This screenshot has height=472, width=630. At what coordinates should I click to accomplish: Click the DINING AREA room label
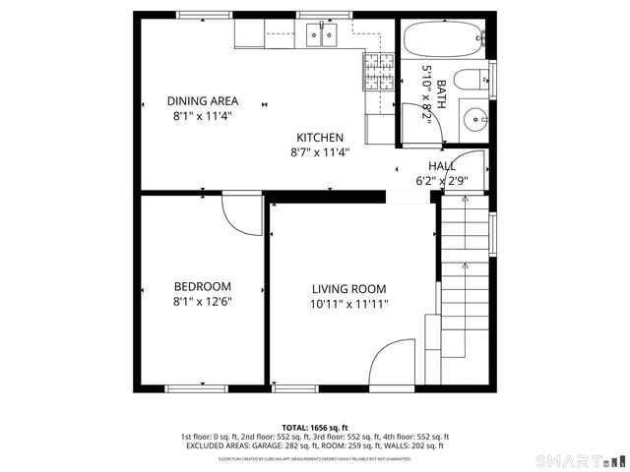[x=202, y=101]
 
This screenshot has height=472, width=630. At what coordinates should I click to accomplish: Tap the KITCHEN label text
[x=320, y=138]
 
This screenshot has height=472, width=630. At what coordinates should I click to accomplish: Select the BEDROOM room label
[x=203, y=287]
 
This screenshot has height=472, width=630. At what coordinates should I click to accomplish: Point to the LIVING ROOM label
[x=348, y=289]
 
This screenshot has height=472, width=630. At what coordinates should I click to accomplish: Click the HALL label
[x=441, y=166]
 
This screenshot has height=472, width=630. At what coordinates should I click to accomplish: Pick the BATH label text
[x=441, y=94]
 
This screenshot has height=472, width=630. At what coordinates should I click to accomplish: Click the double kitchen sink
[x=321, y=36]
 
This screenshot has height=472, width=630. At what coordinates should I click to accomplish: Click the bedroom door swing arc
[x=238, y=211]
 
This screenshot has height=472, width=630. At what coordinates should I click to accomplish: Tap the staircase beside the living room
[x=465, y=285]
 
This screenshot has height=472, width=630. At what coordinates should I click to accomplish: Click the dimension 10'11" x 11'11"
[x=348, y=304]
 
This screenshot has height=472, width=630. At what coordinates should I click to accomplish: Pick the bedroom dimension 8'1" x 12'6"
[x=203, y=302]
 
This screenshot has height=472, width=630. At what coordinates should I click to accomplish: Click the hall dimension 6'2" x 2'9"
[x=441, y=181]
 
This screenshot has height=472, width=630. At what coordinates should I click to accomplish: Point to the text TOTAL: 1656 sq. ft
[x=314, y=428]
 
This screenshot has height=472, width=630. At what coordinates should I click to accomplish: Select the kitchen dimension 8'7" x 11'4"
[x=320, y=152]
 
